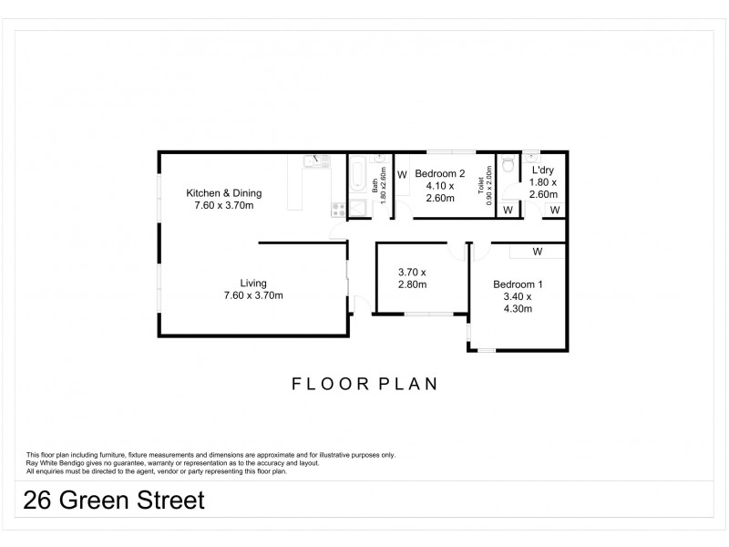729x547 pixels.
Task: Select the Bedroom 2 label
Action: click(440, 173)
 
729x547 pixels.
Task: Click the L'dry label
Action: click(542, 170)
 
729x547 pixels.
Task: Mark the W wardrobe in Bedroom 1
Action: click(537, 251)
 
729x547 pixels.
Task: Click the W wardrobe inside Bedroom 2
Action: click(402, 173)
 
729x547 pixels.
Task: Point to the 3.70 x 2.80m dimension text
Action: click(412, 278)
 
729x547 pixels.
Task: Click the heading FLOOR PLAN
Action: click(364, 384)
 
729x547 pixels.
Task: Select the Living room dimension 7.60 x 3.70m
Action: click(253, 294)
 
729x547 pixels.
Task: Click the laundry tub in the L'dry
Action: click(533, 155)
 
